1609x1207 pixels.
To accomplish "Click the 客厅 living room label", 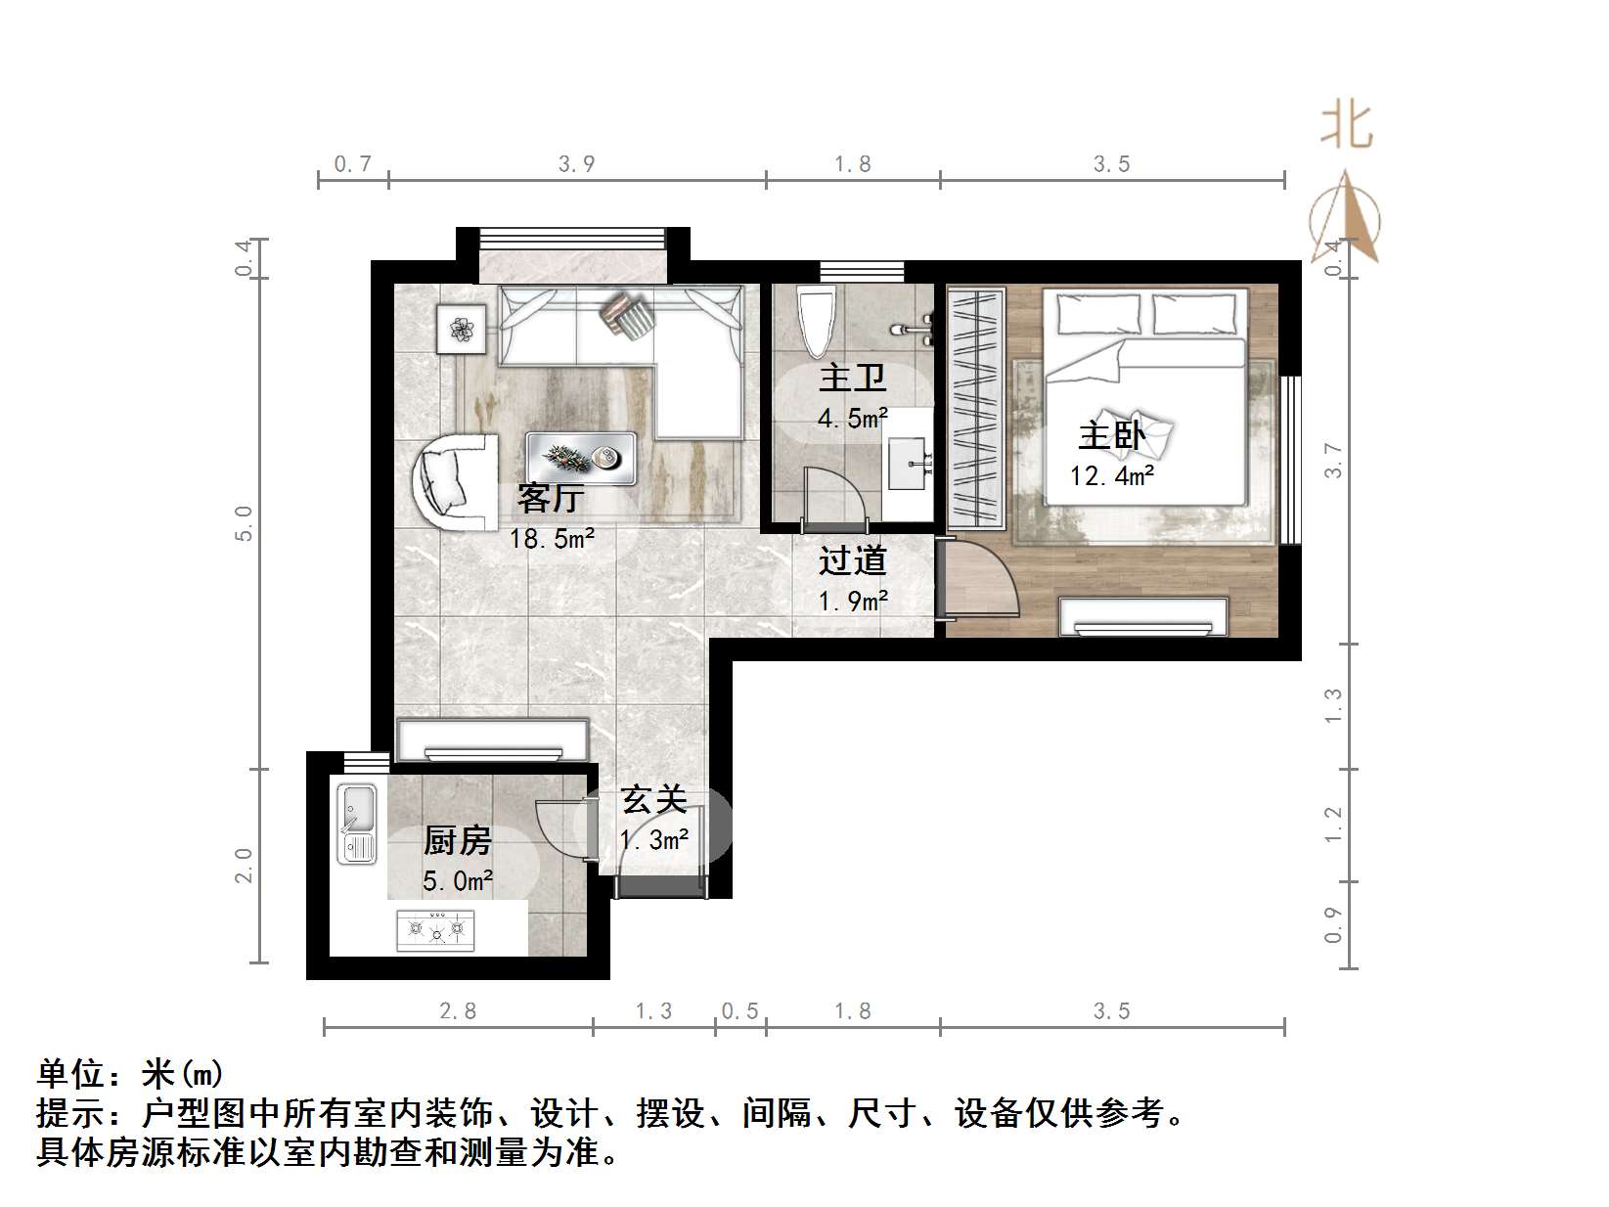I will click(x=551, y=499).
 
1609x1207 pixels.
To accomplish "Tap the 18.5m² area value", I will click(x=551, y=537).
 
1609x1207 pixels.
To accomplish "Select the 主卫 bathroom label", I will click(x=852, y=379).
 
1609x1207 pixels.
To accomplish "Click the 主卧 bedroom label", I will click(x=1111, y=435).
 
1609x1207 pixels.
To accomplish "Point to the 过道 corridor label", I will click(x=852, y=560).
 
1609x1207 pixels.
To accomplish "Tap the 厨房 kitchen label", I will click(x=457, y=840).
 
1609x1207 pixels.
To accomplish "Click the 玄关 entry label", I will click(x=654, y=801).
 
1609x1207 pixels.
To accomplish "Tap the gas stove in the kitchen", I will click(x=435, y=929).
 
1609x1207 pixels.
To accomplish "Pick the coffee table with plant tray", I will click(x=582, y=458).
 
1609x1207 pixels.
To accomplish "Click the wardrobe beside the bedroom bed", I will click(x=976, y=406).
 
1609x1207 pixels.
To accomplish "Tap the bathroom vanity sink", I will click(x=910, y=464).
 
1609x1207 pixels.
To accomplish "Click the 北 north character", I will click(x=1347, y=125).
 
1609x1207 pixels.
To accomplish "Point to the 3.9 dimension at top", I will click(x=576, y=163).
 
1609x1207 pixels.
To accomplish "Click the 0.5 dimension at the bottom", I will click(x=739, y=1010).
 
